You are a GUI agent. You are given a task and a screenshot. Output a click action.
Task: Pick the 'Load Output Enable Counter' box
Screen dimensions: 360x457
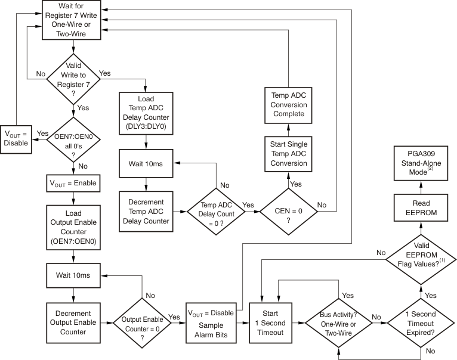[73, 226]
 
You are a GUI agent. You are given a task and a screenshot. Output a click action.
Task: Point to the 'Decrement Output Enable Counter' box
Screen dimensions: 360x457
[73, 322]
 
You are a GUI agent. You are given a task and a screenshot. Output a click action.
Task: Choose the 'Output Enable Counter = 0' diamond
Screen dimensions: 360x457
[141, 322]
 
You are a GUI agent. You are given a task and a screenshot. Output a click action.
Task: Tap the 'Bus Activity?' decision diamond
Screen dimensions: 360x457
[339, 322]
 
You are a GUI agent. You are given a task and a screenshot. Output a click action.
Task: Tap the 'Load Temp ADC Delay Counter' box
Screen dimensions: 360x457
[146, 111]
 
